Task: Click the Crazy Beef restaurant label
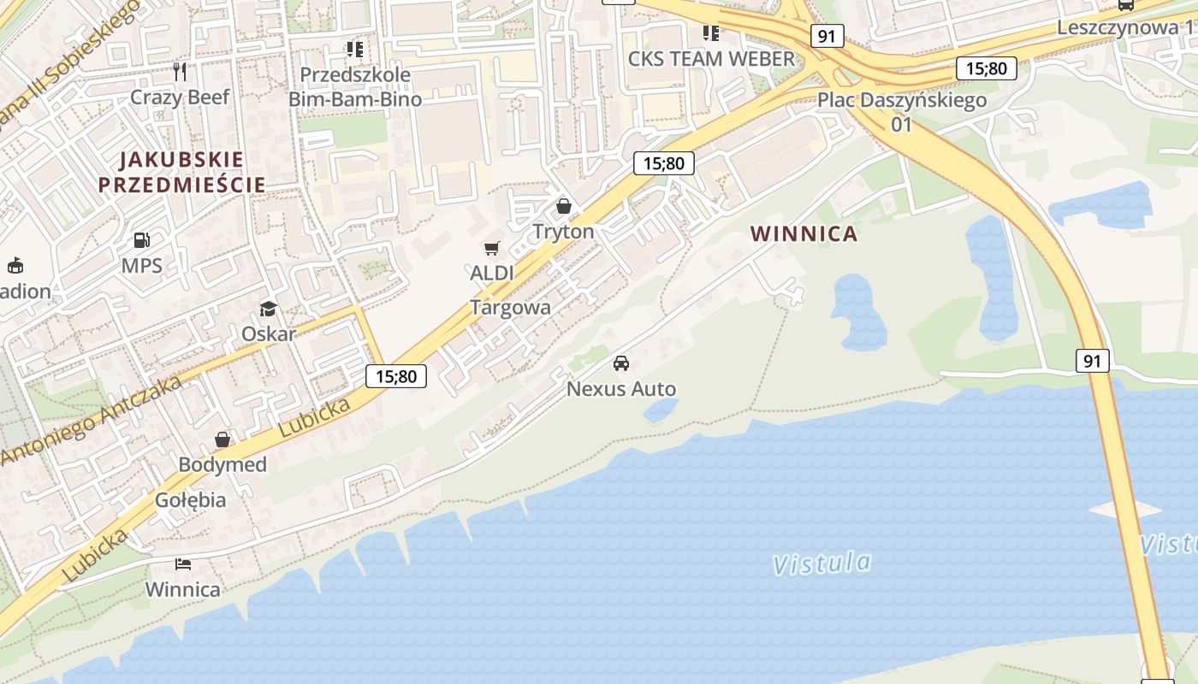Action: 180,97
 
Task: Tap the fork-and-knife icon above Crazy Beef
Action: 180,71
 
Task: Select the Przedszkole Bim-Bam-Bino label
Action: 354,86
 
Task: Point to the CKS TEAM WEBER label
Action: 711,58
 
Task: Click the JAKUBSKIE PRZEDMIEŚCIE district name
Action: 181,172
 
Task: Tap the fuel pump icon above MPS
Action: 142,241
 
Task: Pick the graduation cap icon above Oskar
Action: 269,309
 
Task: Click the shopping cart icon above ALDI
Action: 491,249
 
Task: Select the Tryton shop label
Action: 563,232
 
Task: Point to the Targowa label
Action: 510,308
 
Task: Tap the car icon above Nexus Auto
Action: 621,363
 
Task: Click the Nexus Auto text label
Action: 621,389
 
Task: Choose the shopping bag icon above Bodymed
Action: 222,439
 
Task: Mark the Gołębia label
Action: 190,499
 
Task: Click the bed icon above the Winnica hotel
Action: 182,564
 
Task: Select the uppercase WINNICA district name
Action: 804,233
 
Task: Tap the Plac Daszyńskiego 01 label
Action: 902,111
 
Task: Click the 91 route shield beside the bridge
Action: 1092,361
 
